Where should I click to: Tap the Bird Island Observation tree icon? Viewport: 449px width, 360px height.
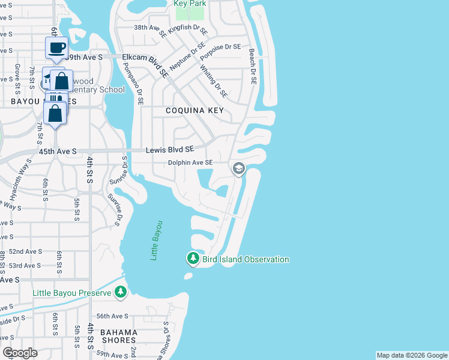pyautogui.click(x=193, y=259)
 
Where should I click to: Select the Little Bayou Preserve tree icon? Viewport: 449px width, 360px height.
pyautogui.click(x=121, y=292)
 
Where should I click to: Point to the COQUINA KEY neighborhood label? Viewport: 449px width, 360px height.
pyautogui.click(x=195, y=111)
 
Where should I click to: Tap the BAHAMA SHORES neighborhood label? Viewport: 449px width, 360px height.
pyautogui.click(x=119, y=336)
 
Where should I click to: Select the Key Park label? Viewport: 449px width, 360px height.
pyautogui.click(x=190, y=4)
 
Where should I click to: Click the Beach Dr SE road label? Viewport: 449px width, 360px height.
pyautogui.click(x=253, y=67)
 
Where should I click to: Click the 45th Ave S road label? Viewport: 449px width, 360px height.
pyautogui.click(x=58, y=152)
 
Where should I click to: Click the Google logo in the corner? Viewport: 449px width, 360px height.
pyautogui.click(x=20, y=353)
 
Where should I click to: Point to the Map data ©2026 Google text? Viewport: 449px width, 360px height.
pyautogui.click(x=412, y=355)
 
